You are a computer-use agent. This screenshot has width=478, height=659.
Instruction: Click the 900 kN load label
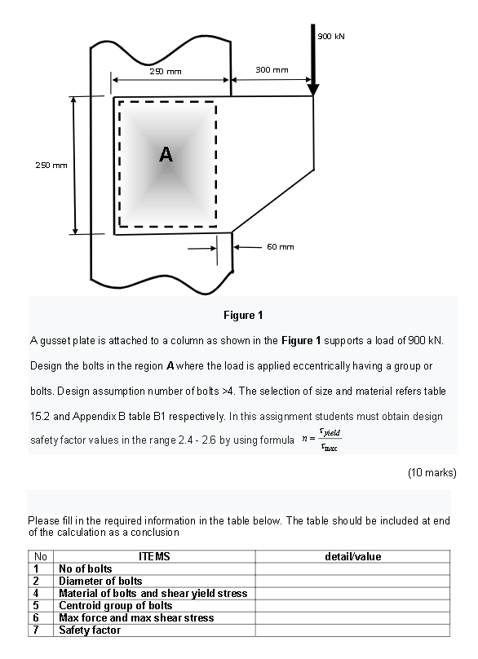331,36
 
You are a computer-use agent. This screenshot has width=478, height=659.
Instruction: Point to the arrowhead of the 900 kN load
312,90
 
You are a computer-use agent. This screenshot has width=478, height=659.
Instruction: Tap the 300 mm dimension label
272,70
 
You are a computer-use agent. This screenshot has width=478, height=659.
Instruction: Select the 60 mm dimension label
281,246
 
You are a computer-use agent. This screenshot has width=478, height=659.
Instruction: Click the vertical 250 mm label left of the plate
51,166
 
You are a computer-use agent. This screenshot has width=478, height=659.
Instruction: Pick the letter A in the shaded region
166,154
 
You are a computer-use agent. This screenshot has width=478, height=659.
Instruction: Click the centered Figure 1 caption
243,315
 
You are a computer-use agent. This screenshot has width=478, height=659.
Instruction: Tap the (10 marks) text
432,473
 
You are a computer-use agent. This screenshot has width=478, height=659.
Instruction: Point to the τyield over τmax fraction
330,439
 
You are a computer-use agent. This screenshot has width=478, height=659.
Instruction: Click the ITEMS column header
154,556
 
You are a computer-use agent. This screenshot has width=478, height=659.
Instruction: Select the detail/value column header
352,556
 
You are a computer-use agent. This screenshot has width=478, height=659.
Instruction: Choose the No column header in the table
40,556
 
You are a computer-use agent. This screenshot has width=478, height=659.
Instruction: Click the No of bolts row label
86,568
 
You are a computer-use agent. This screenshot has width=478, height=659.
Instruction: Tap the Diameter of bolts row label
100,581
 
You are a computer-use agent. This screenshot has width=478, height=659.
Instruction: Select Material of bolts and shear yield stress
153,593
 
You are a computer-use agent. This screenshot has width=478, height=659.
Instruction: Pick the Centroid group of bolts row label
116,606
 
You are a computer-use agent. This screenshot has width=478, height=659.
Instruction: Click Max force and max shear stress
136,618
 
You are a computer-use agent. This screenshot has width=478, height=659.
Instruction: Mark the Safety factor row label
90,630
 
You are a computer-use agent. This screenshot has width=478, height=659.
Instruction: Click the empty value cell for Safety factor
352,630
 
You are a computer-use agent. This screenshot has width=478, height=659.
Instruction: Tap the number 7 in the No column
36,630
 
